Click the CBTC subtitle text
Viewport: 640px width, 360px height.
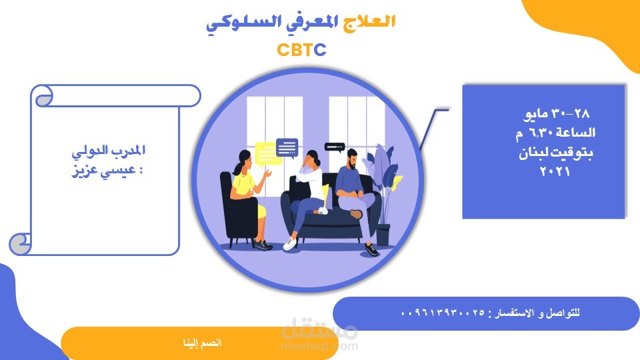301,50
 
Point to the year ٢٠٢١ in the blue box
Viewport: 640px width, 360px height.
555,171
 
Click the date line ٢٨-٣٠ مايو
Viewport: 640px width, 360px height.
556,113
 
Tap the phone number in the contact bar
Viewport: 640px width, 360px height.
443,313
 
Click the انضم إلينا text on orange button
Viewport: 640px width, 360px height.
202,343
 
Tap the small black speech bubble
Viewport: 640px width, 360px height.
335,147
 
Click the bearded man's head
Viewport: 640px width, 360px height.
351,159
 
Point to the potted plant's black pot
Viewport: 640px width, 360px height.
383,235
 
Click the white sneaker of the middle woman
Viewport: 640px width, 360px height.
289,244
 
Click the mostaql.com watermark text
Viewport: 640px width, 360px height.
319,347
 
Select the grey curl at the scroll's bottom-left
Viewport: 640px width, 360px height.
20,244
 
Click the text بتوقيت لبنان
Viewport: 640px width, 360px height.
555,153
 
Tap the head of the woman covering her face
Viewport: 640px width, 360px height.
312,159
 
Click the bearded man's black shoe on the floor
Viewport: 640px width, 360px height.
371,250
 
